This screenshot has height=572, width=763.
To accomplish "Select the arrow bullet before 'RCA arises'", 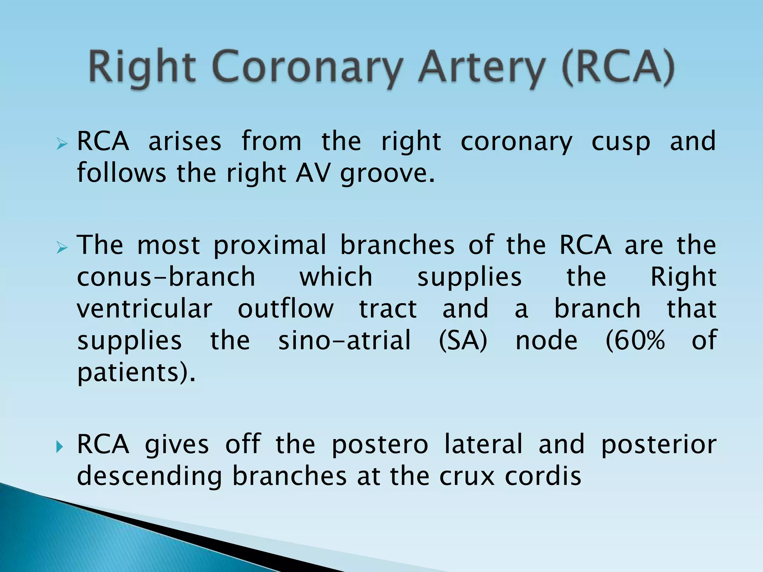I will pos(62,144).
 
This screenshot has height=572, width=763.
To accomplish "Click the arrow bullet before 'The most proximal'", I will pos(62,247).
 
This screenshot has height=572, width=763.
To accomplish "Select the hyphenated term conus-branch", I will pos(166,277).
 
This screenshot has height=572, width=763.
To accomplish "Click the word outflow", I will pos(286,309).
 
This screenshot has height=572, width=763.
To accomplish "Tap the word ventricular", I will pos(145,309).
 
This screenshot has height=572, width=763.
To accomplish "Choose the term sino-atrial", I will pos(345,341).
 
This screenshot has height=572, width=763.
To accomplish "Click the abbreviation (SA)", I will pos(463,341).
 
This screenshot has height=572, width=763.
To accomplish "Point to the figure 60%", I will pos(635,341).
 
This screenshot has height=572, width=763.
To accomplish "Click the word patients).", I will pos(136,373).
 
